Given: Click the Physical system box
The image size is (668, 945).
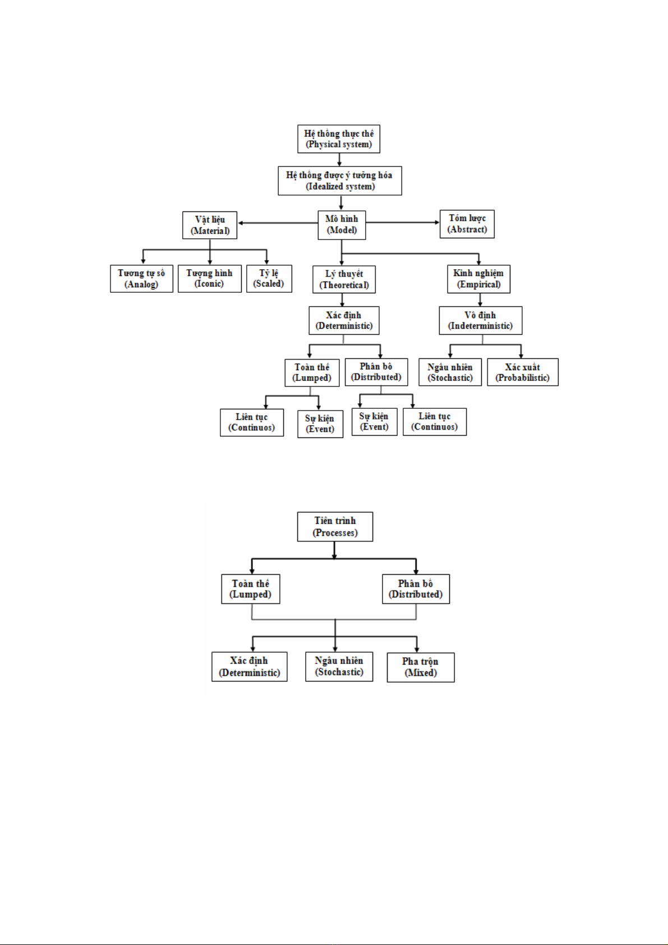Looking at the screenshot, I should click(x=339, y=139).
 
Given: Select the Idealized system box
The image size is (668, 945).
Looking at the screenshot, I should click(x=340, y=181).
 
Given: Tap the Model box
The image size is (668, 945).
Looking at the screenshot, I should click(x=342, y=225).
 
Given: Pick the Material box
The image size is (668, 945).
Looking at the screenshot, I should click(x=210, y=225).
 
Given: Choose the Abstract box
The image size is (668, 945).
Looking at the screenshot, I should click(x=467, y=224).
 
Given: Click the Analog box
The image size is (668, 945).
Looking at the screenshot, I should click(x=141, y=279).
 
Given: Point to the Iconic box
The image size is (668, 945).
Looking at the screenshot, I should click(x=209, y=279).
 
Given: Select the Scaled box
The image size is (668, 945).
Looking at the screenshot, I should click(x=269, y=279).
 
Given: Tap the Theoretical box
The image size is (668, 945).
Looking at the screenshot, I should click(x=344, y=279).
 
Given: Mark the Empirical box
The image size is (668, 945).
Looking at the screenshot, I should click(x=478, y=279).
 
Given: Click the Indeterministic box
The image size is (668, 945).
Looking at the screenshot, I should click(x=480, y=320).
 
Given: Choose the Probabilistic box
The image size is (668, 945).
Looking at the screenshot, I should click(x=522, y=372).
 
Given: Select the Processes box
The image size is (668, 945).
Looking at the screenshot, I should click(x=335, y=527).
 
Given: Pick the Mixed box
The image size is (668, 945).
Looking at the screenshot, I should click(x=421, y=667).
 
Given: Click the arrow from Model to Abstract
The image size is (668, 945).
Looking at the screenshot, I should click(x=402, y=223).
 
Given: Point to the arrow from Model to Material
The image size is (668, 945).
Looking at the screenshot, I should click(x=278, y=223).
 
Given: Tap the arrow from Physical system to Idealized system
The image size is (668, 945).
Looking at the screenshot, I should click(x=339, y=159).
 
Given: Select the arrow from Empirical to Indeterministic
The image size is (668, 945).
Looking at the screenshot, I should click(x=480, y=299).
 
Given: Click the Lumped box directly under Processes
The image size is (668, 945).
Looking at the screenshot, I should click(x=251, y=589).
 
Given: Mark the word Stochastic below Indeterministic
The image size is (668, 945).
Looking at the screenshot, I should click(x=450, y=378).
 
